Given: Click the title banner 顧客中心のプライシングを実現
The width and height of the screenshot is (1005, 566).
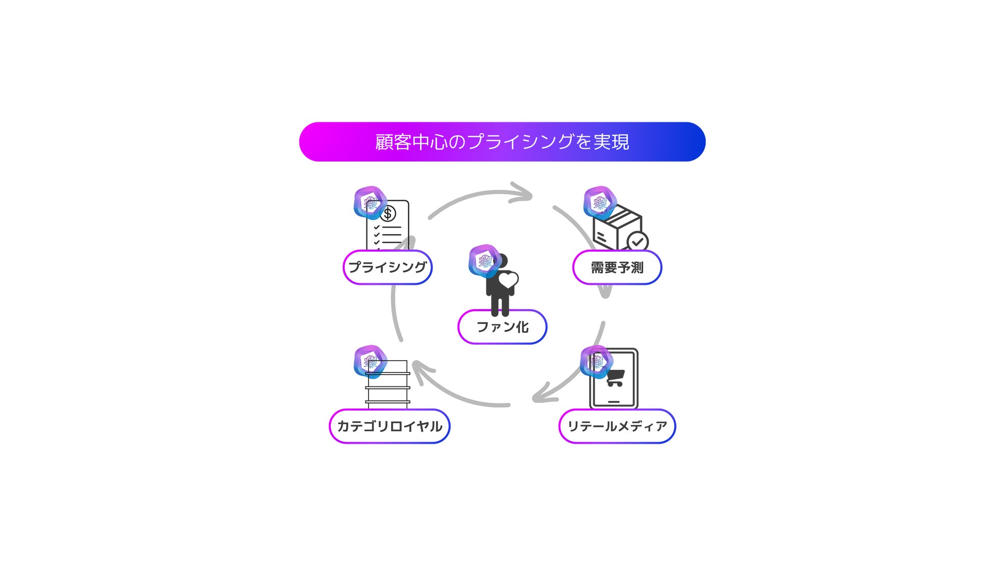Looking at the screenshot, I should click(x=502, y=142).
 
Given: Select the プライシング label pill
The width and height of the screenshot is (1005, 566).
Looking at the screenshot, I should click(x=388, y=267).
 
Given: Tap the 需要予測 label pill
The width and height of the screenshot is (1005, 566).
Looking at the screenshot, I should click(x=617, y=267).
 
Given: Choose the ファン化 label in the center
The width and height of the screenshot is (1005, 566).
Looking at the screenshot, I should click(x=502, y=327).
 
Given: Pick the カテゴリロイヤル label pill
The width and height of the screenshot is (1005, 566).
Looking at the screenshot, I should click(x=390, y=426).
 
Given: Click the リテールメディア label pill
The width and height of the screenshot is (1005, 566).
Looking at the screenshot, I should click(x=617, y=426).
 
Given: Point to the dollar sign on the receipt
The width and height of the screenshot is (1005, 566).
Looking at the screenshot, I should click(x=388, y=213).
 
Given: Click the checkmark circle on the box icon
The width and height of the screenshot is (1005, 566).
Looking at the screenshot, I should click(x=638, y=241).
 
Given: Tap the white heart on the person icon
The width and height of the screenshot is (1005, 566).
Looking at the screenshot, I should click(x=508, y=280).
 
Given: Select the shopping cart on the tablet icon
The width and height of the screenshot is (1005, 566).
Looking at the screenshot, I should click(x=615, y=378).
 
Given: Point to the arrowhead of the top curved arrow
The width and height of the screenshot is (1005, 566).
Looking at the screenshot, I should click(x=523, y=193).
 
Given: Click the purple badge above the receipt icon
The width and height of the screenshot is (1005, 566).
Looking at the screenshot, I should click(x=370, y=203).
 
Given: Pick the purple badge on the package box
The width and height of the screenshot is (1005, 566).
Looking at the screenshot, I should click(x=600, y=203).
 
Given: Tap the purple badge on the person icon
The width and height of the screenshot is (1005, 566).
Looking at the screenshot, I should click(x=484, y=261).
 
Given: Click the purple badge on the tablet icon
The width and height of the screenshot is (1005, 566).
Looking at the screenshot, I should click(x=597, y=362).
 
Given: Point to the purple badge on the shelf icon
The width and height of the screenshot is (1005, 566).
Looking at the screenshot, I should click(x=370, y=362).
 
